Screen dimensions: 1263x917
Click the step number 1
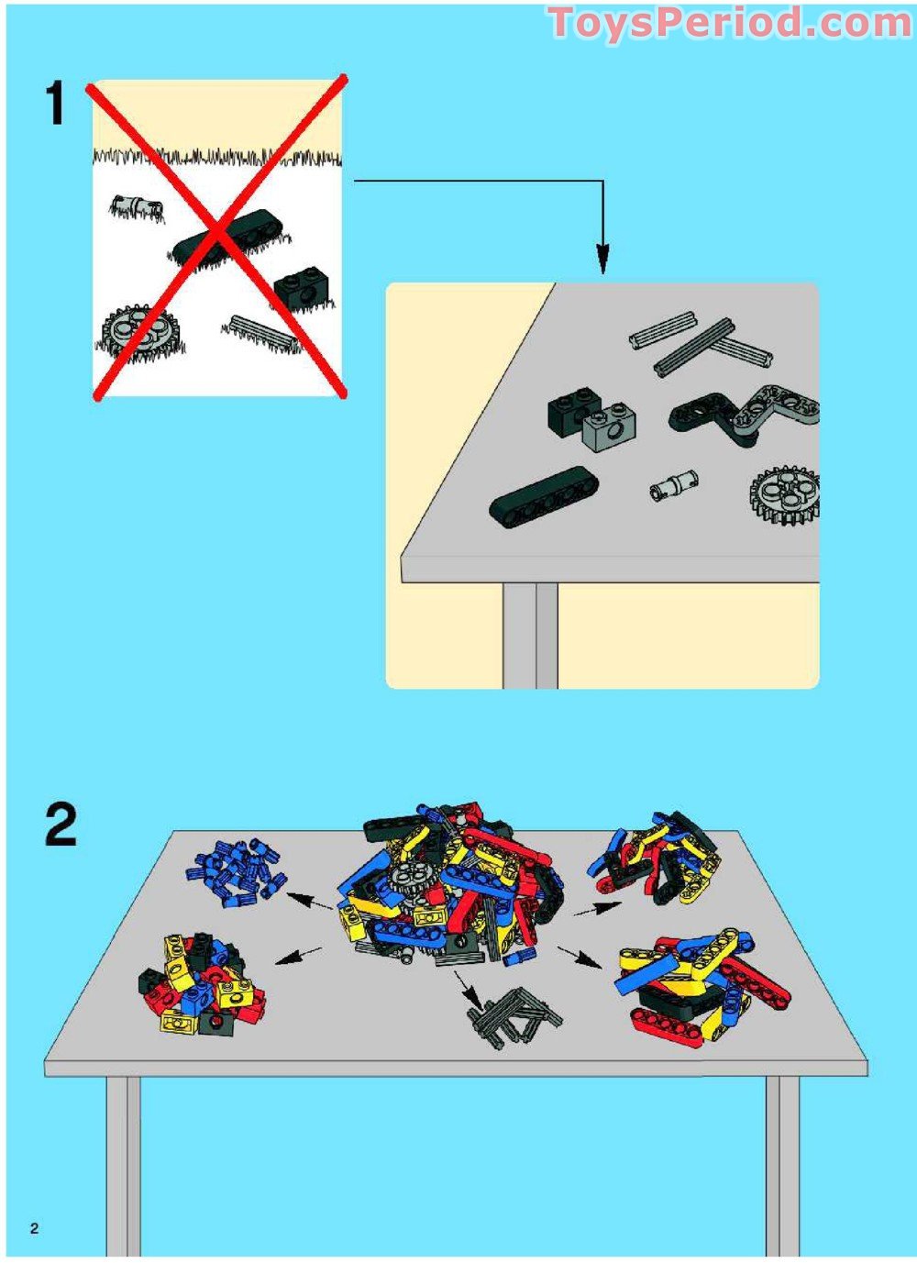[x=56, y=103]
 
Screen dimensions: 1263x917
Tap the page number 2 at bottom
[x=34, y=1228]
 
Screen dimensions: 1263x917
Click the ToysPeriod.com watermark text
[x=729, y=23]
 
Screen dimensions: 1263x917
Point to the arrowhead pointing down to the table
[x=602, y=260]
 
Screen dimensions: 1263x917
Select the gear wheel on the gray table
[x=786, y=495]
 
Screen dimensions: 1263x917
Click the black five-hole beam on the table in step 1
[x=543, y=496]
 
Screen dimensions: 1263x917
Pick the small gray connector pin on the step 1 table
[x=674, y=484]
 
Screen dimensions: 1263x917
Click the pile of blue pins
[x=236, y=870]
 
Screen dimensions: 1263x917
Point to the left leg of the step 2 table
[x=123, y=1165]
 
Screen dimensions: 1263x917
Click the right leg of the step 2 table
[x=782, y=1165]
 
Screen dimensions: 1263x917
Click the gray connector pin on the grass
[x=137, y=207]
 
